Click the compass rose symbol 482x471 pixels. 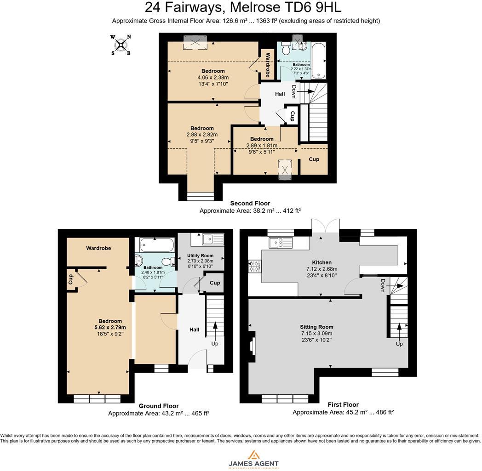click(120, 45)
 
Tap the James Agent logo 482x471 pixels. click(253, 459)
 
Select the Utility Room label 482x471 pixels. click(200, 255)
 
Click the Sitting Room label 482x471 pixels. click(317, 327)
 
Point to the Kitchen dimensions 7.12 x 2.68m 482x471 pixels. click(322, 269)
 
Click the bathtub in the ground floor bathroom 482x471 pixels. click(156, 244)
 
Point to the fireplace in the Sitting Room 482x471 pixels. click(252, 345)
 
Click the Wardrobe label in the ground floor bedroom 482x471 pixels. click(98, 248)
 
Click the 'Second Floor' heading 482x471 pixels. click(250, 203)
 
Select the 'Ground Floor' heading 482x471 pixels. click(159, 406)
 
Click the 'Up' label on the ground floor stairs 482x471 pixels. click(214, 344)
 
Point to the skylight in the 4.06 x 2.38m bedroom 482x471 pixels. click(195, 43)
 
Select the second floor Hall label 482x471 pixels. click(280, 94)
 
